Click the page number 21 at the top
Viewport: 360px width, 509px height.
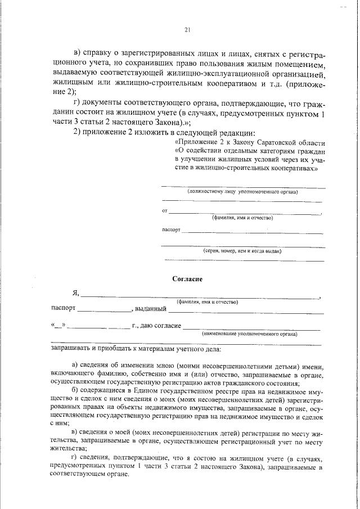(x=187, y=30)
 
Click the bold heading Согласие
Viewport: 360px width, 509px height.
(x=187, y=278)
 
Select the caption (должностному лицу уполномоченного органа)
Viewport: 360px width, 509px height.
(x=242, y=192)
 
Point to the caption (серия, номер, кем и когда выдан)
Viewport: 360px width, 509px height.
(x=242, y=251)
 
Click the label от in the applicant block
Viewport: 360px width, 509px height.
(x=164, y=210)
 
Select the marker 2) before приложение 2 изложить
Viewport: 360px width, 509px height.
(x=79, y=132)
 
